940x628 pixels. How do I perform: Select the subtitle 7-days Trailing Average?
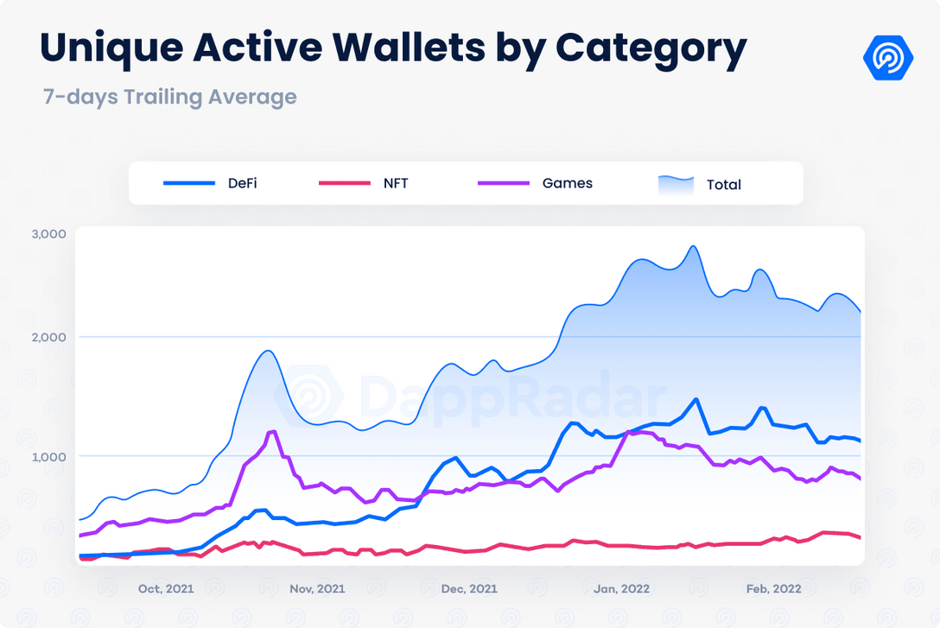[x=170, y=97]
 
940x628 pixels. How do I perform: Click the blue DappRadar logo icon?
[x=888, y=58]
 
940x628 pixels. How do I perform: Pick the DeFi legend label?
[x=242, y=183]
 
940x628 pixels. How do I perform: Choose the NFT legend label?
[x=396, y=183]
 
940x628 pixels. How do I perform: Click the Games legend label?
[x=568, y=183]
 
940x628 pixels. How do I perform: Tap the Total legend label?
[x=724, y=184]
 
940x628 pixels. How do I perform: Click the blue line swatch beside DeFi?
[x=189, y=183]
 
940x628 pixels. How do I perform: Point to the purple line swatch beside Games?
[x=503, y=183]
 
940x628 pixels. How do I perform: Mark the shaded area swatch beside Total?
[x=676, y=184]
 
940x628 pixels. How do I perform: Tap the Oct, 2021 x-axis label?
[x=166, y=589]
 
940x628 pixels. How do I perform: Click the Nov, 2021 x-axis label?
[x=317, y=589]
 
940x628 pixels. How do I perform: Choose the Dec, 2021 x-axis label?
[x=469, y=589]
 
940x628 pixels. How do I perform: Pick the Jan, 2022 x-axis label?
[x=621, y=589]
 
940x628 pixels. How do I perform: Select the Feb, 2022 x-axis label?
[x=772, y=589]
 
